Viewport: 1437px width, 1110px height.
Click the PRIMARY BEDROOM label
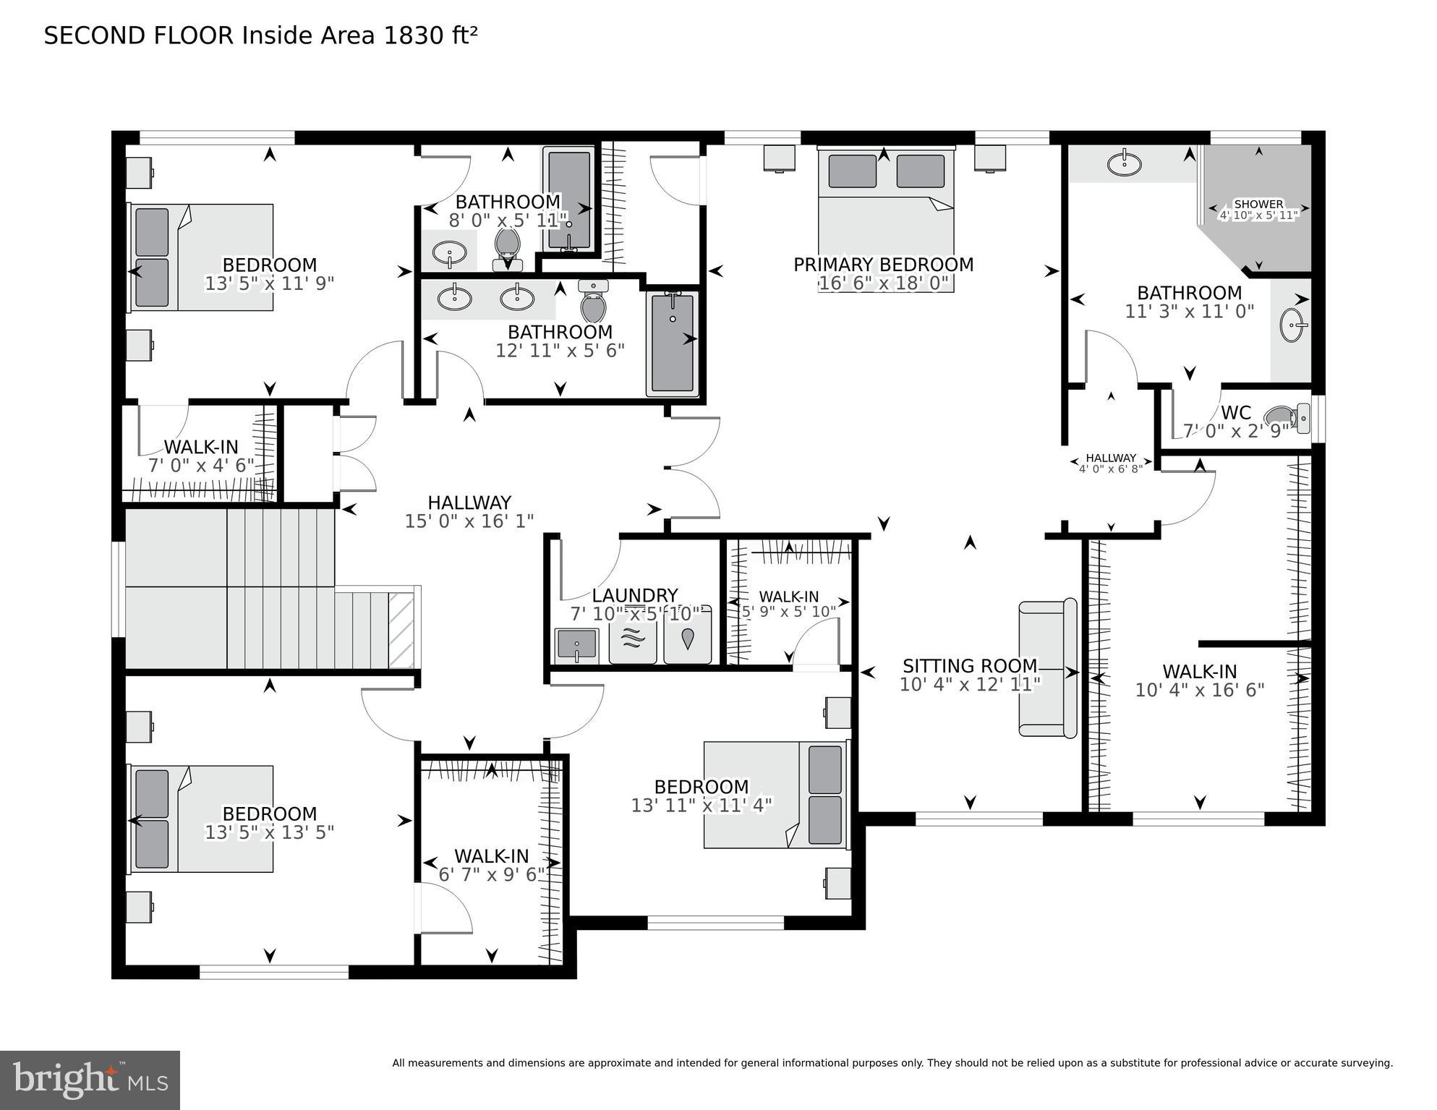tap(883, 265)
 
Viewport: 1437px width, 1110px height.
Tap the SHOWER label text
tap(1258, 205)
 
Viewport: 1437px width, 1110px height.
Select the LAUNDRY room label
tap(634, 595)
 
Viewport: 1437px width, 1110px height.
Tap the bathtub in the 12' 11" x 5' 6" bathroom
tap(673, 343)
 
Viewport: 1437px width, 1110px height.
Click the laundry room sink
tap(576, 645)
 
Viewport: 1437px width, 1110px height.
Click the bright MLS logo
tap(90, 1080)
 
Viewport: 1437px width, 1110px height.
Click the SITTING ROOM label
tap(969, 665)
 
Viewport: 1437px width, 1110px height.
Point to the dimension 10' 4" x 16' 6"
tap(1199, 690)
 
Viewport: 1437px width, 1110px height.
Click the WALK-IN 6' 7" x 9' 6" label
tap(491, 856)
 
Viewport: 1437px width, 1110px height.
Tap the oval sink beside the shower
tap(1124, 163)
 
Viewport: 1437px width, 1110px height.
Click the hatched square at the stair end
tap(401, 630)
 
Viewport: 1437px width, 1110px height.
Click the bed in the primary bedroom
tap(886, 217)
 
